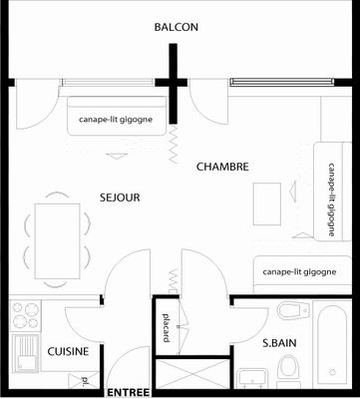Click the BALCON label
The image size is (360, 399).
point(176,27)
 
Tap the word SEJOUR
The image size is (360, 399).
point(120,198)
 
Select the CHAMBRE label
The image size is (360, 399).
point(222,167)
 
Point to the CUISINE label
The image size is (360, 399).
point(68,351)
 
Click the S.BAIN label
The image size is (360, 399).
point(279,343)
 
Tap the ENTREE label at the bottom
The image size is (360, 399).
point(129,392)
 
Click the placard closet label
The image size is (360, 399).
point(167,328)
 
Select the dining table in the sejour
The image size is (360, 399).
point(57,241)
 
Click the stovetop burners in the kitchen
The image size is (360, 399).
point(26,315)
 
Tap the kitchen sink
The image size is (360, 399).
point(26,353)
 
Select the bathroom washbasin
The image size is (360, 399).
point(252,378)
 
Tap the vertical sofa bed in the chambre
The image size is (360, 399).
point(333,192)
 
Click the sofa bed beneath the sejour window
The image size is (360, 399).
point(117,116)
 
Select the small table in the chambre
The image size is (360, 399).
point(267,204)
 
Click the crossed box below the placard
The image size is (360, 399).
point(192,373)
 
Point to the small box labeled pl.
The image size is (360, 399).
point(84,380)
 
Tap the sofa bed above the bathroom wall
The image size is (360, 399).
point(302,274)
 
